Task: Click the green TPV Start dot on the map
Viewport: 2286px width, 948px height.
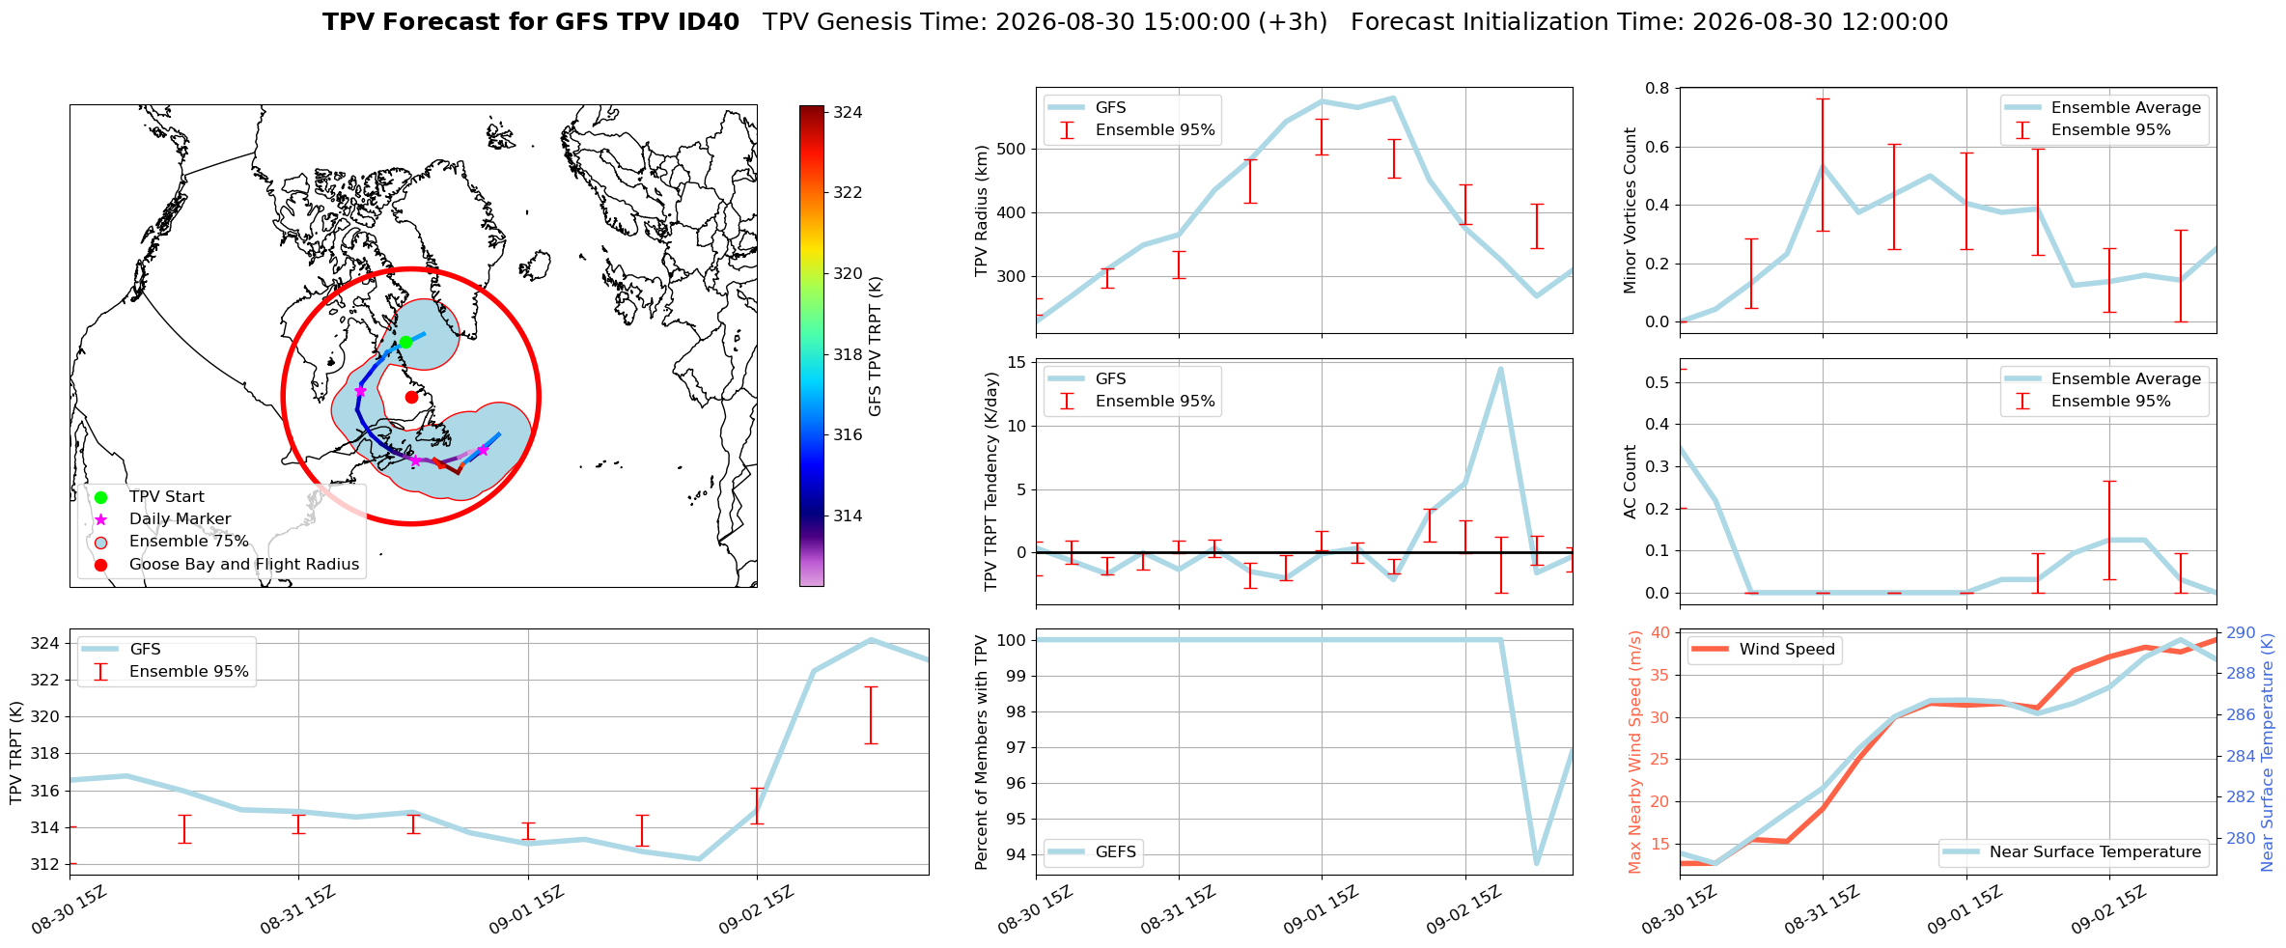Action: pyautogui.click(x=405, y=342)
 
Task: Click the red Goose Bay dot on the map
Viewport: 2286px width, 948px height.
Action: pyautogui.click(x=411, y=397)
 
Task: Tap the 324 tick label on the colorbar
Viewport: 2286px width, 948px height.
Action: pyautogui.click(x=848, y=112)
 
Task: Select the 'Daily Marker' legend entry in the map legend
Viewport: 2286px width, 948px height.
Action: pyautogui.click(x=180, y=518)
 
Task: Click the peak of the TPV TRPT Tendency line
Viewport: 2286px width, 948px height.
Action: pyautogui.click(x=1500, y=368)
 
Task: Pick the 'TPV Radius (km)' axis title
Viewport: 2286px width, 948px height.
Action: pyautogui.click(x=982, y=210)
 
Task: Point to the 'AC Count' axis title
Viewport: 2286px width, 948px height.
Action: pyautogui.click(x=1631, y=482)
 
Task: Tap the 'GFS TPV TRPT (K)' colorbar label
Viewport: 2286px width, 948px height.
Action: pyautogui.click(x=876, y=346)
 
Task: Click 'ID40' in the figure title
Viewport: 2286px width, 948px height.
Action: pyautogui.click(x=708, y=22)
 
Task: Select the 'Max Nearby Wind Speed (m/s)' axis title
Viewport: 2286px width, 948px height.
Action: pyautogui.click(x=1634, y=752)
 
